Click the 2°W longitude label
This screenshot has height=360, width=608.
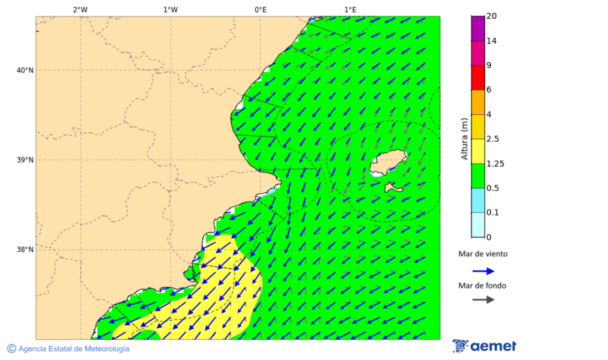click(x=80, y=10)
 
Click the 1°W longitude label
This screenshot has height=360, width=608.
click(x=170, y=10)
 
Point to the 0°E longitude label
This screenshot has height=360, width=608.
click(x=260, y=10)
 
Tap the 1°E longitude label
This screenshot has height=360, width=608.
click(x=350, y=10)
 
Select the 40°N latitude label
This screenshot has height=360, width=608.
click(x=25, y=70)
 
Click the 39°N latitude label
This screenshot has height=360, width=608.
click(x=25, y=160)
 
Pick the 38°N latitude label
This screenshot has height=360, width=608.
click(x=25, y=250)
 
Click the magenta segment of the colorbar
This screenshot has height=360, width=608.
click(x=478, y=28)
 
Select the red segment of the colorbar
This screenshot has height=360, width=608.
click(x=478, y=78)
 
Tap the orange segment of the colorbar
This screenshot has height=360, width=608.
click(x=478, y=102)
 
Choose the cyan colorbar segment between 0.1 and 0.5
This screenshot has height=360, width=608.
click(x=478, y=200)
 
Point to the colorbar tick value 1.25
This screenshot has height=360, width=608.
click(x=495, y=163)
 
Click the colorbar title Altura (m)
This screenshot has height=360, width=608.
click(x=464, y=138)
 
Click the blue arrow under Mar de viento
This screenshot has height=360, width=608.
click(x=483, y=271)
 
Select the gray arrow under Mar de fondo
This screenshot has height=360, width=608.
click(x=483, y=300)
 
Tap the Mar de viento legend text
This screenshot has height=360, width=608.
click(x=482, y=254)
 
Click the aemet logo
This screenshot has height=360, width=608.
click(x=484, y=346)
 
